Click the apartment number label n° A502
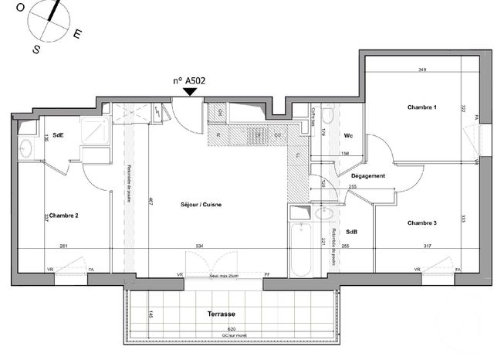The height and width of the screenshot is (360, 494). click(x=188, y=80)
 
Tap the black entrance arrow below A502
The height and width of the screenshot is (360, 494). click(x=189, y=93)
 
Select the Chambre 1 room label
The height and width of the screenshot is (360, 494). click(x=422, y=107)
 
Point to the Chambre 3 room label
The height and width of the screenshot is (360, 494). click(x=422, y=222)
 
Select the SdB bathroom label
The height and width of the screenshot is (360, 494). click(x=351, y=232)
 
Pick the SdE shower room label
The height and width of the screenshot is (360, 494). click(x=57, y=134)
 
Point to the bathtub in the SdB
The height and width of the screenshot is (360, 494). click(x=299, y=250)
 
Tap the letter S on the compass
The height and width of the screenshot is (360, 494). click(x=36, y=49)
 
